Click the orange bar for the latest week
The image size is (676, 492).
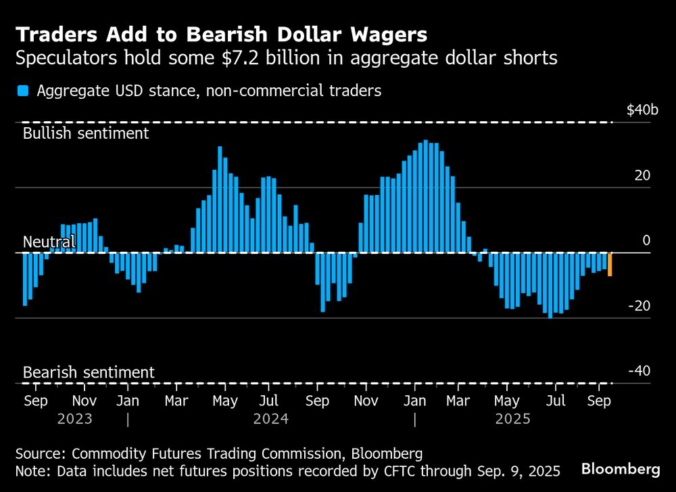(610, 264)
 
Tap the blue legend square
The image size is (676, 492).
(23, 91)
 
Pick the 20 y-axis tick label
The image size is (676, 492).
(642, 175)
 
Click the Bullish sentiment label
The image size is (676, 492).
(86, 133)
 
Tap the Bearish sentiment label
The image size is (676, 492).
(89, 372)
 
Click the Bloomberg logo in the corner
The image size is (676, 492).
(621, 468)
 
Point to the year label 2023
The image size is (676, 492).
(75, 419)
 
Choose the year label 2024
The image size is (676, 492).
(271, 419)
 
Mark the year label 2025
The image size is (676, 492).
(512, 419)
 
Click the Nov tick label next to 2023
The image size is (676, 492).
(84, 401)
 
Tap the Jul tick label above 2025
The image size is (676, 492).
(554, 401)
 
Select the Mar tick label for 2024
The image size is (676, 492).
(176, 401)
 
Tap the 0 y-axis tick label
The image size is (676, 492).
(646, 241)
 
